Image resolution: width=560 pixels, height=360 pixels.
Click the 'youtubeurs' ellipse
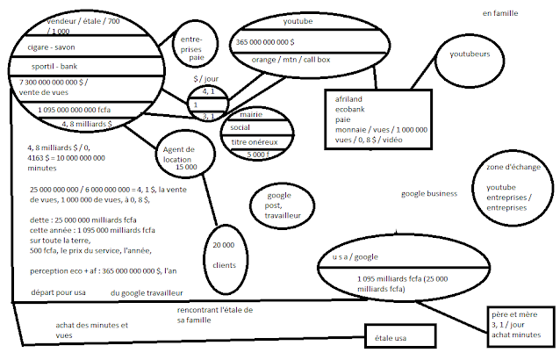tap(469, 61)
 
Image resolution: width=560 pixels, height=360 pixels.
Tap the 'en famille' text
tap(500, 13)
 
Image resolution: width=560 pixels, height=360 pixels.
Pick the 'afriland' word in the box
tap(348, 99)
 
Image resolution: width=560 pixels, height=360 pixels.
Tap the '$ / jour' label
tap(207, 80)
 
